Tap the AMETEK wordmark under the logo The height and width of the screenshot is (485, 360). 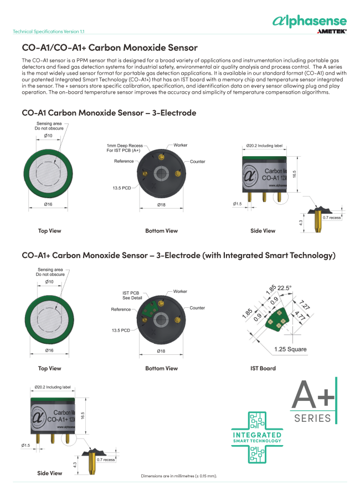332,32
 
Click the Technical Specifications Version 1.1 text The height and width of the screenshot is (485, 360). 49,32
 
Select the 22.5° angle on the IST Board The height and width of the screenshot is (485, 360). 284,288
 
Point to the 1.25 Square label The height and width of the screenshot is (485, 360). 290,349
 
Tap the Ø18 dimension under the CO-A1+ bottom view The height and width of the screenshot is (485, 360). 161,351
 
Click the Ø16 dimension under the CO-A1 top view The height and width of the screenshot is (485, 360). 49,204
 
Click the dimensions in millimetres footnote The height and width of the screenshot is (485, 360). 178,476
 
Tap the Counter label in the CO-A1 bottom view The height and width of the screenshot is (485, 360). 197,162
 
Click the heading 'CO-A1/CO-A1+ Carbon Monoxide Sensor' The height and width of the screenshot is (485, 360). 110,48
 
